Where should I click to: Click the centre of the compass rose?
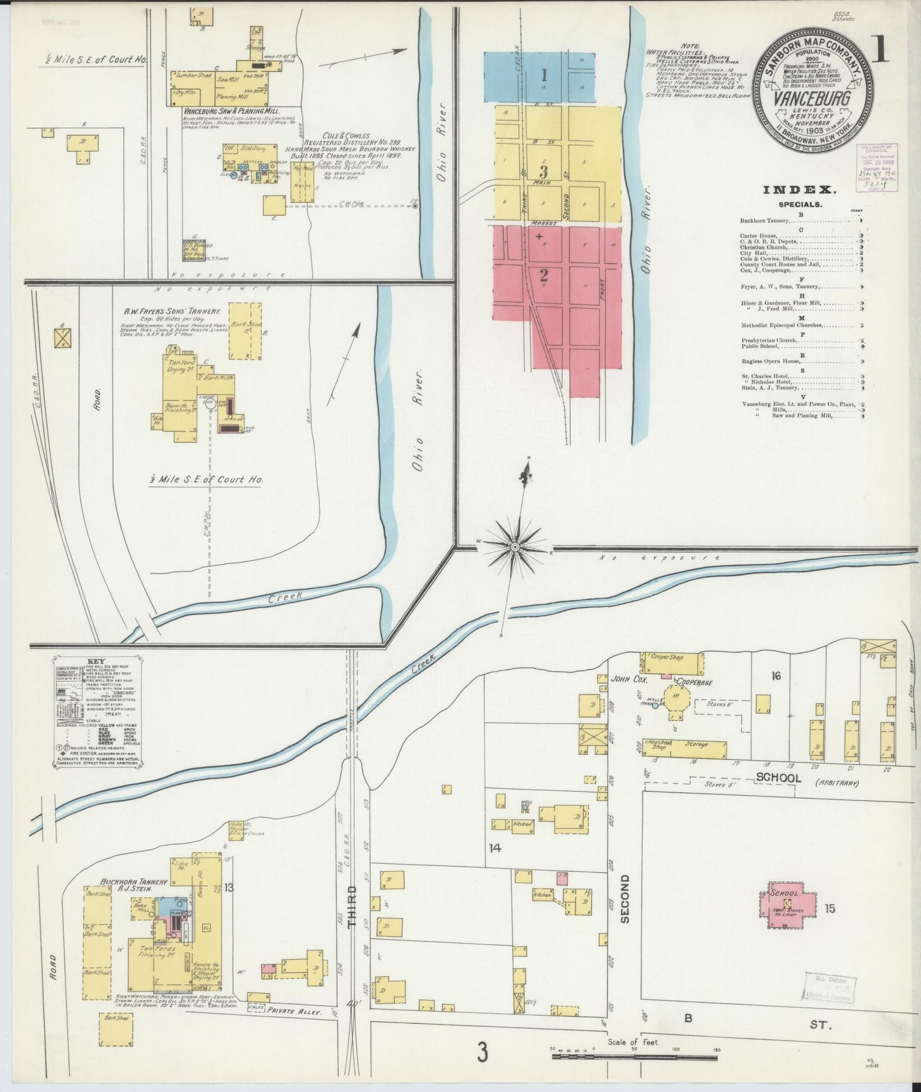click(x=515, y=547)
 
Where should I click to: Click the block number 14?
click(x=495, y=847)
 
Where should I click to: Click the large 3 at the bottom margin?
click(x=482, y=1052)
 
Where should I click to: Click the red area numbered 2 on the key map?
click(x=544, y=275)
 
